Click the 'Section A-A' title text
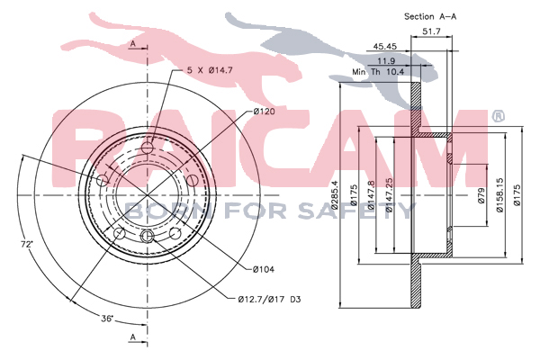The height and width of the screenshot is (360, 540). pyautogui.click(x=430, y=16)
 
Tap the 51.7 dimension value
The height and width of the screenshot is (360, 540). pyautogui.click(x=431, y=31)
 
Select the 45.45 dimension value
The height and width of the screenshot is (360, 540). pyautogui.click(x=385, y=46)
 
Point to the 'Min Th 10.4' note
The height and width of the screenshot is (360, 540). pyautogui.click(x=378, y=72)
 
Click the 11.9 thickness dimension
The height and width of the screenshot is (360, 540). pyautogui.click(x=386, y=61)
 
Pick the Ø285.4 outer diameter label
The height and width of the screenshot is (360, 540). pyautogui.click(x=335, y=195)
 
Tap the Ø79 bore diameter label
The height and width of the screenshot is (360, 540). pyautogui.click(x=481, y=195)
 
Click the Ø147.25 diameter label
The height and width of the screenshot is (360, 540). pyautogui.click(x=389, y=194)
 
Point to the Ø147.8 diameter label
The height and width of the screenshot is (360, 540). pyautogui.click(x=371, y=195)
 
